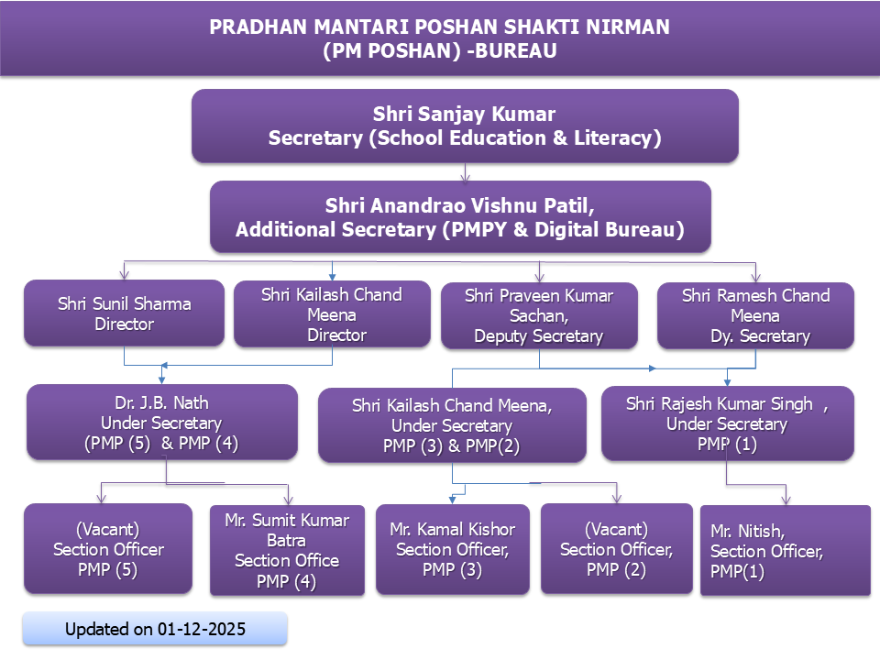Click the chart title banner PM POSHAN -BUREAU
coord(440,38)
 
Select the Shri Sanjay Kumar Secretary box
coord(465,126)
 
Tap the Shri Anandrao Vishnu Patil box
coord(460,216)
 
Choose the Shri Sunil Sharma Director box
coord(124,313)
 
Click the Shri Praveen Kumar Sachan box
coord(539,315)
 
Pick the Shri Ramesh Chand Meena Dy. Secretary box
coord(755,315)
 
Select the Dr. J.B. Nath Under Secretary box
coord(162,422)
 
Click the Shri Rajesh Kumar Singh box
coord(727,423)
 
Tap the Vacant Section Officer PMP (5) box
coord(108,548)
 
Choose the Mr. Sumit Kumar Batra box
coord(287,550)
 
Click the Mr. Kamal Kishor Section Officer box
coord(452,549)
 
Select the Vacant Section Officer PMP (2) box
coord(617,548)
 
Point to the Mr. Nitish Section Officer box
coord(786,550)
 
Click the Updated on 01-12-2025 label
coord(155,629)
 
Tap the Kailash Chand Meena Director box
coord(332,313)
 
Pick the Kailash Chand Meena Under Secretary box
coord(452,424)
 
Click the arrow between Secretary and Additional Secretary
coord(465,172)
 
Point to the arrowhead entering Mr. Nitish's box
coord(786,500)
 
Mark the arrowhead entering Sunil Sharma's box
coord(124,274)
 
